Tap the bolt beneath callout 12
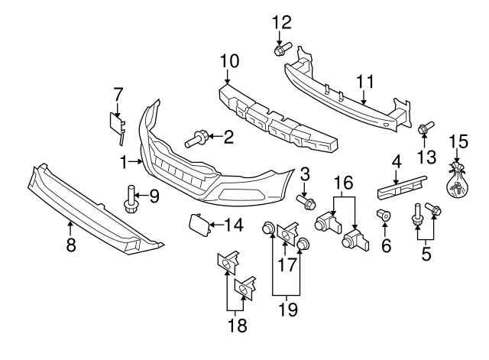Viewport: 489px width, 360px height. click(x=279, y=51)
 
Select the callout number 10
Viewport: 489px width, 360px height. click(x=229, y=60)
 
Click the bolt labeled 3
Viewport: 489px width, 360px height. click(x=307, y=203)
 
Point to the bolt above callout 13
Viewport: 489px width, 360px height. click(x=425, y=128)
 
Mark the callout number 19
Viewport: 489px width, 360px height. click(x=287, y=310)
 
